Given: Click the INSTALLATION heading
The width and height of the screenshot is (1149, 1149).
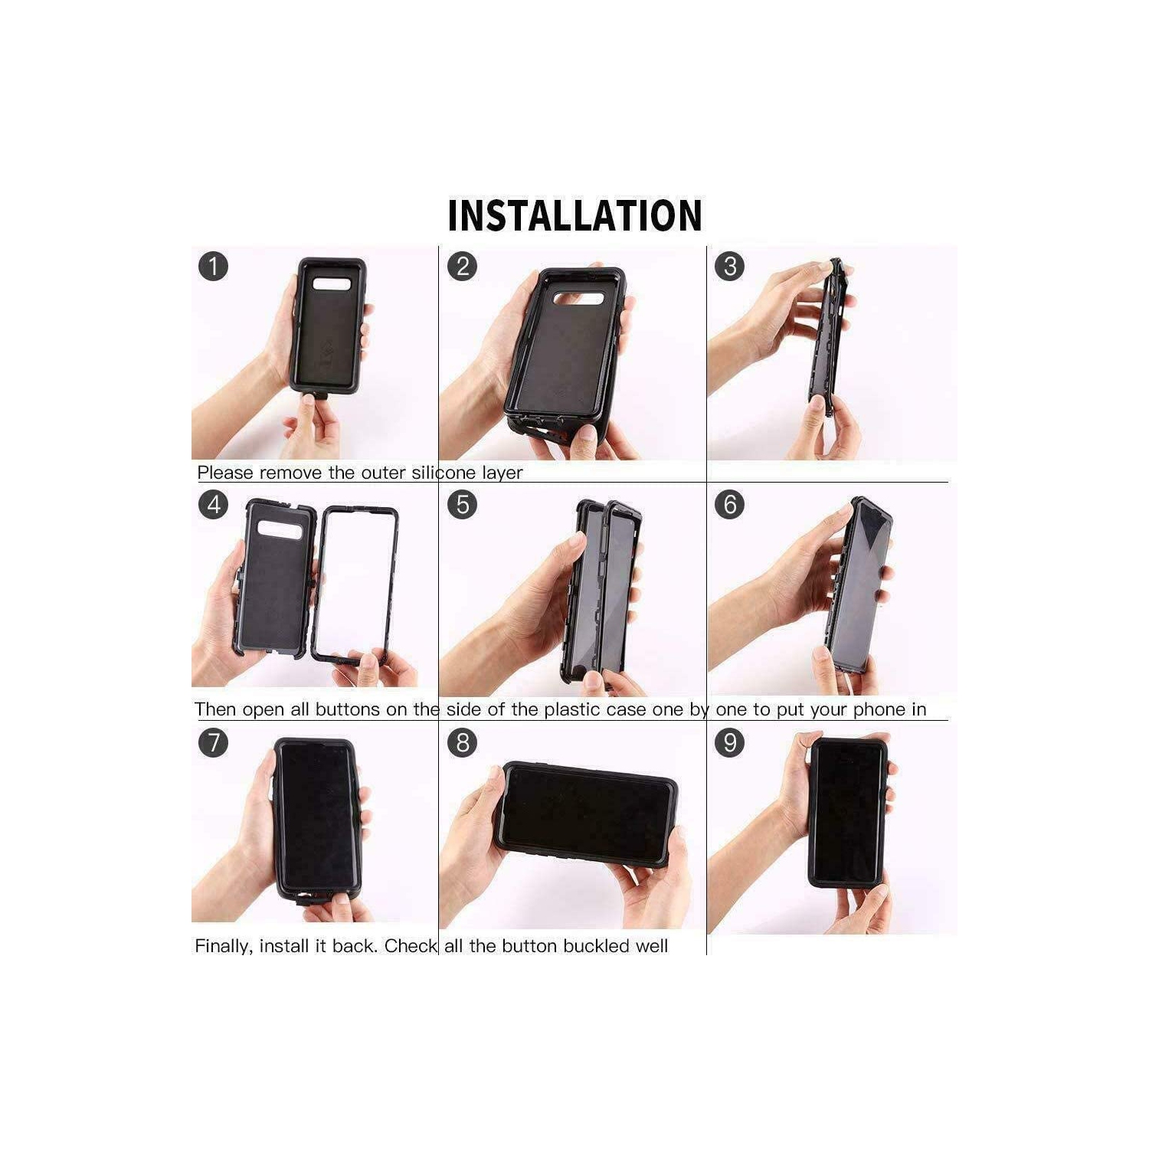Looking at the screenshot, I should coord(574,215).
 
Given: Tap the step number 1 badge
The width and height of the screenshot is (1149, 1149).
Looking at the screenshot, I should coord(213,267).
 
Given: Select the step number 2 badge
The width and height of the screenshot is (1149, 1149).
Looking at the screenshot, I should coord(462,267).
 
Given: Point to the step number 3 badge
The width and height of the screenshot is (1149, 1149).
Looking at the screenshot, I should coord(729,267).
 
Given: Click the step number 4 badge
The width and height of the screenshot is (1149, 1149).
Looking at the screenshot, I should coord(213,505).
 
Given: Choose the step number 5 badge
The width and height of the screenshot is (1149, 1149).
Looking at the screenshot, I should coord(462,505).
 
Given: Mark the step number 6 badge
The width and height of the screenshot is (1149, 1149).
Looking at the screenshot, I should coord(729,505).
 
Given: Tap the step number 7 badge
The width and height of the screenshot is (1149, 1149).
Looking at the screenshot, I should coord(213,742).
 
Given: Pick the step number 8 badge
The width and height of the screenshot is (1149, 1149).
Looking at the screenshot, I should coord(462,742).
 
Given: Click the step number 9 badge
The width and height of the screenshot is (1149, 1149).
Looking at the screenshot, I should coord(729,742).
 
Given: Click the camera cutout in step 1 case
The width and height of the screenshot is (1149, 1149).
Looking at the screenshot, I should coord(332,283).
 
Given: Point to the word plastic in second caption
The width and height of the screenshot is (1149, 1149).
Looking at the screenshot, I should coord(572,709).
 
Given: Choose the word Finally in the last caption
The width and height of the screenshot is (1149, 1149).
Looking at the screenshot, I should coord(222,947).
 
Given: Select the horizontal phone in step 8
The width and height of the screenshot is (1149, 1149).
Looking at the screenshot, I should coord(586,814).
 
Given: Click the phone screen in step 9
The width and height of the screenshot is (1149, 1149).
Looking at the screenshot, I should coord(847,812).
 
